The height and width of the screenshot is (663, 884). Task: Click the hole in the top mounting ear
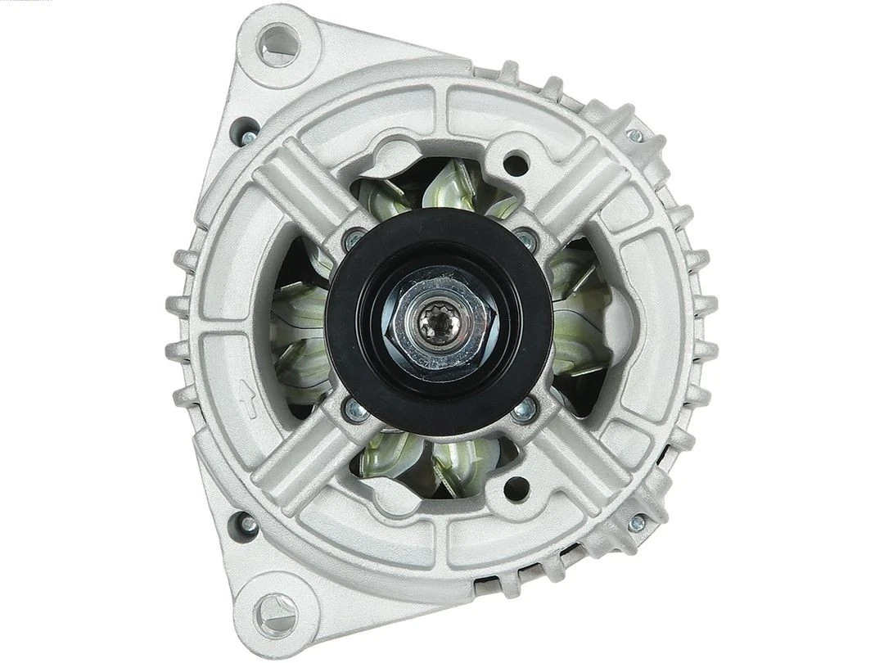(279, 43)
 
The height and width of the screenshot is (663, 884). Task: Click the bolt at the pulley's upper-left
(354, 239)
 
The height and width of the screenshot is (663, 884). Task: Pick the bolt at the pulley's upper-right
(525, 239)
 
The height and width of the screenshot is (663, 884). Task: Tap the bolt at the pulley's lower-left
(355, 411)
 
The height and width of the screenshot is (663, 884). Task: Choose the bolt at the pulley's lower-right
(525, 411)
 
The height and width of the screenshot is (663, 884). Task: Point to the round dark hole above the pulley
(516, 164)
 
